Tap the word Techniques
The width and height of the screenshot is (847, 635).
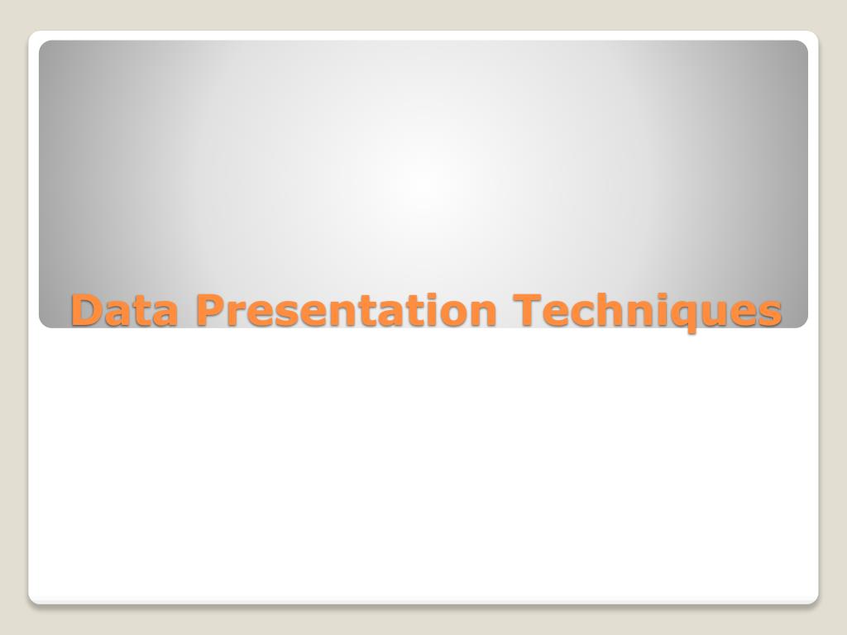click(x=648, y=311)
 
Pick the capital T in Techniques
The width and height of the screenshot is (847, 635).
click(x=527, y=310)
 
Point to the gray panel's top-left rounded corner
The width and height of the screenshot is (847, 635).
click(x=43, y=45)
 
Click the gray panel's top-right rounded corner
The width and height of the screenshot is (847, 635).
click(x=803, y=45)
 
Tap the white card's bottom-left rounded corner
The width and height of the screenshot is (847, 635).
click(x=33, y=599)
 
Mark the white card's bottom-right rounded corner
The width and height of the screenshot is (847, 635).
click(x=813, y=599)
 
